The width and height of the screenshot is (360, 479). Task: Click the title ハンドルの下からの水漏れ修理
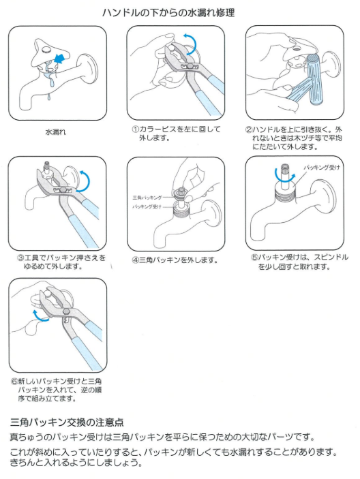168,12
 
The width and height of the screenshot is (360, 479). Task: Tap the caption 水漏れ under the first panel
55,132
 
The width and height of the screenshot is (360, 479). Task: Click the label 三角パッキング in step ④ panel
147,198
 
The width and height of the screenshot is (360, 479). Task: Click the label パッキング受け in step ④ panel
147,207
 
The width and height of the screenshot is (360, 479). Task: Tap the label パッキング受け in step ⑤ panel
322,168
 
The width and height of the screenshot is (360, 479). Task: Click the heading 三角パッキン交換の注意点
67,422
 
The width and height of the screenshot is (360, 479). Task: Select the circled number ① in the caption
136,129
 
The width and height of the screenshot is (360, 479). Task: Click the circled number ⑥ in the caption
14,382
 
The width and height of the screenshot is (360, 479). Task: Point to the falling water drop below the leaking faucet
48,97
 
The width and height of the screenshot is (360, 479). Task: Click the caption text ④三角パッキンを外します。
175,260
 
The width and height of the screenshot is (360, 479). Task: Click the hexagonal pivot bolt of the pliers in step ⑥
67,311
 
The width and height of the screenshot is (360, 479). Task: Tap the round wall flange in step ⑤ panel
325,198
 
